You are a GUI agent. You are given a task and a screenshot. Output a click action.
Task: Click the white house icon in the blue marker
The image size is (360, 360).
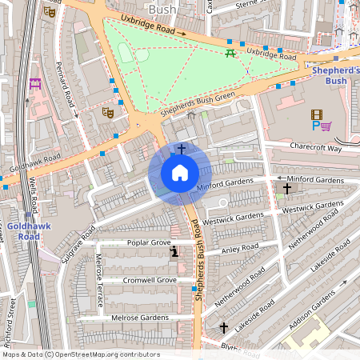pyautogui.click(x=180, y=172)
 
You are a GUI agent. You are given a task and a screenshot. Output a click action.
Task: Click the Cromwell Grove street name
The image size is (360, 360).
pyautogui.click(x=150, y=281)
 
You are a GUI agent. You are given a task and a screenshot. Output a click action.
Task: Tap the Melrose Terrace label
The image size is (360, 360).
pyautogui.click(x=99, y=281)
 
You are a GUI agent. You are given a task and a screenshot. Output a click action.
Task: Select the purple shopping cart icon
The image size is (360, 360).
pyautogui.click(x=326, y=126)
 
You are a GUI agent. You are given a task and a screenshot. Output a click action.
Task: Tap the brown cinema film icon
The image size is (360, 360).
pyautogui.click(x=318, y=114)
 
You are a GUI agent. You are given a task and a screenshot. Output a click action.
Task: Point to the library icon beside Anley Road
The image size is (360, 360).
pyautogui.click(x=174, y=253)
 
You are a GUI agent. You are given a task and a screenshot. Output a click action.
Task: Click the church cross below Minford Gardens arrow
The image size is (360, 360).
pyautogui.click(x=286, y=189)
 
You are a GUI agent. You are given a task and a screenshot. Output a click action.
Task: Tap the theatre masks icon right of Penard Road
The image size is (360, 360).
pyautogui.click(x=106, y=113)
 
